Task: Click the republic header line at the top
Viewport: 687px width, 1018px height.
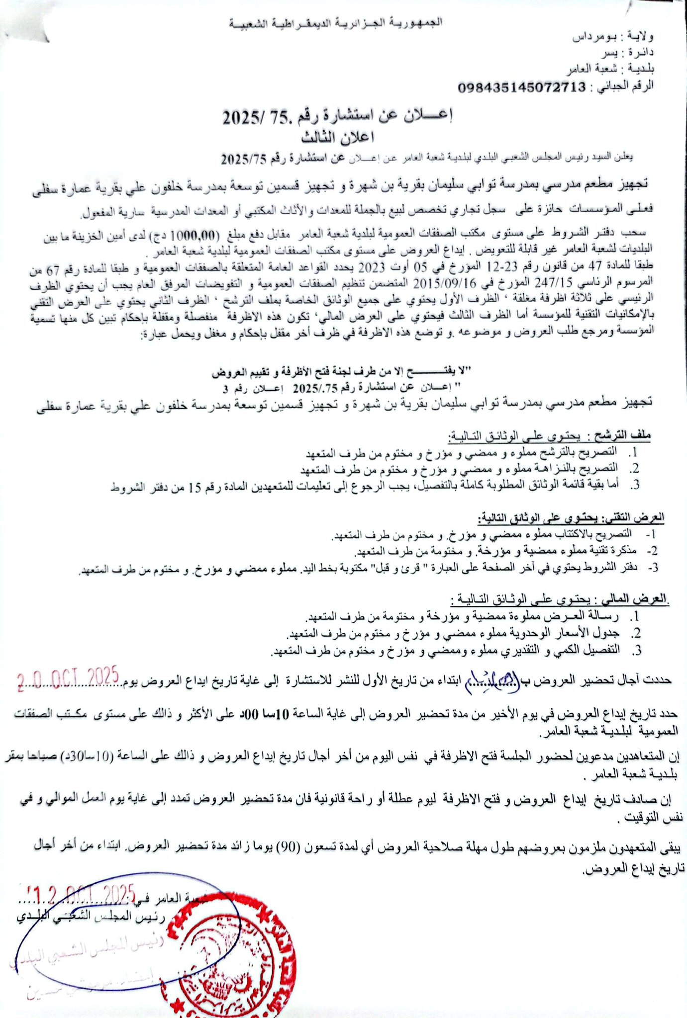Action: click(335, 23)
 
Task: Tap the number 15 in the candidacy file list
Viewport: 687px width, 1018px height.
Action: click(195, 489)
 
